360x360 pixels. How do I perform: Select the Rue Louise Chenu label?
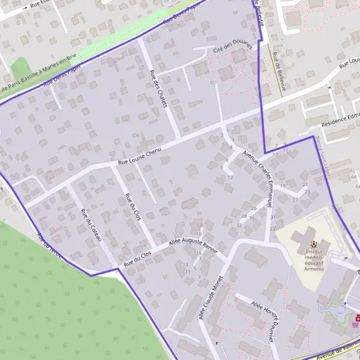140,157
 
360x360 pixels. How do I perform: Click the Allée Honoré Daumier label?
263,321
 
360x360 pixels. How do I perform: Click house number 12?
230,177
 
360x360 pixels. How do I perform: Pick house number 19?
283,186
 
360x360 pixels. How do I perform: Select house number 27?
295,200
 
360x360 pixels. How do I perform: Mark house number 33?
272,229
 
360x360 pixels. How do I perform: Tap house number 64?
352,170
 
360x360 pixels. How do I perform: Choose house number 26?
254,208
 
